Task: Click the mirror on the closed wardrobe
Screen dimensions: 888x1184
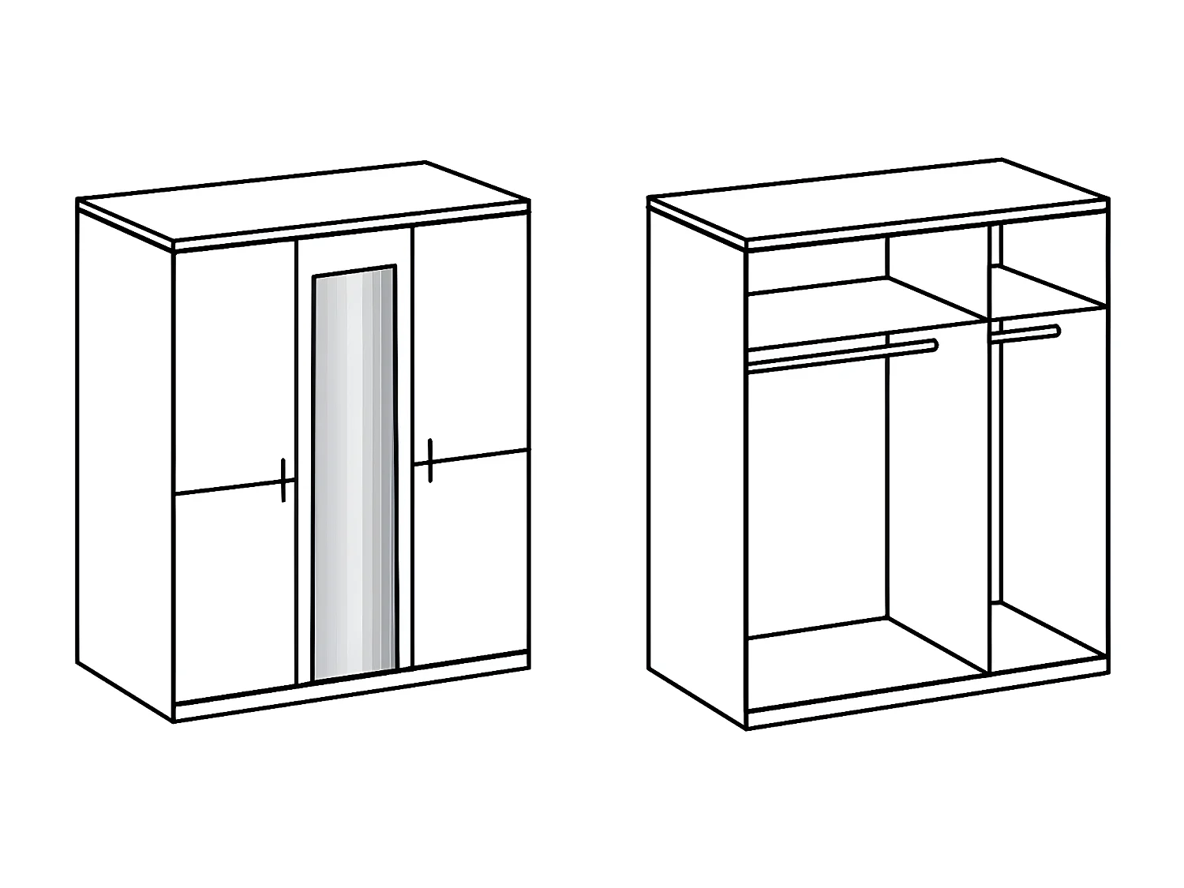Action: (354, 474)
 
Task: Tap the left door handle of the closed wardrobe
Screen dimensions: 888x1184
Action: (283, 479)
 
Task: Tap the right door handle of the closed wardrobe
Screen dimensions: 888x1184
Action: (430, 460)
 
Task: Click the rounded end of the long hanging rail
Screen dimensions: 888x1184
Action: (935, 344)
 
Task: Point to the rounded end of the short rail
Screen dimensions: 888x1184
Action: (1056, 331)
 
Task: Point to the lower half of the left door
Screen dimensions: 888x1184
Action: (234, 592)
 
